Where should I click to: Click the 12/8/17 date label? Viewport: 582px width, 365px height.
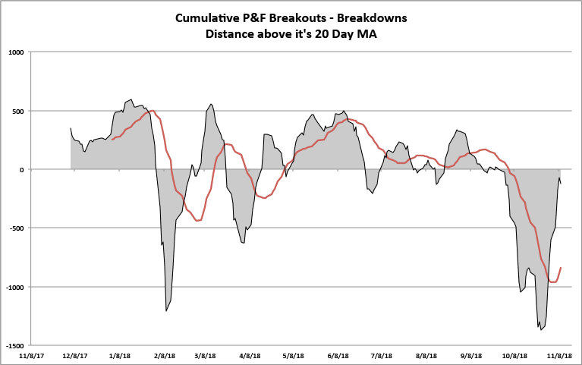click(x=75, y=354)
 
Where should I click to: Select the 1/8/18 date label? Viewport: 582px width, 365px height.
click(x=120, y=354)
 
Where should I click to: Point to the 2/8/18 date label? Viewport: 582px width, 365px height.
click(x=164, y=354)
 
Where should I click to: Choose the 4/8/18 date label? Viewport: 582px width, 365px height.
click(x=250, y=354)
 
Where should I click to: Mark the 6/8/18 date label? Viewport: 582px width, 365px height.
click(x=338, y=354)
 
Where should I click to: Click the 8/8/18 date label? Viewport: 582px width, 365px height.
click(x=426, y=354)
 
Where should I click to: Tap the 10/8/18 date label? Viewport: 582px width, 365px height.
click(x=515, y=354)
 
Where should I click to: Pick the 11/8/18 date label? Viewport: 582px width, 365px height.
click(x=560, y=354)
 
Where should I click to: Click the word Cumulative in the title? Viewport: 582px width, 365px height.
click(x=209, y=17)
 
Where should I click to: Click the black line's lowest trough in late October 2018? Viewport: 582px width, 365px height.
click(x=541, y=329)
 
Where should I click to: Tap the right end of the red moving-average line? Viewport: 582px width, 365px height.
click(x=561, y=268)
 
